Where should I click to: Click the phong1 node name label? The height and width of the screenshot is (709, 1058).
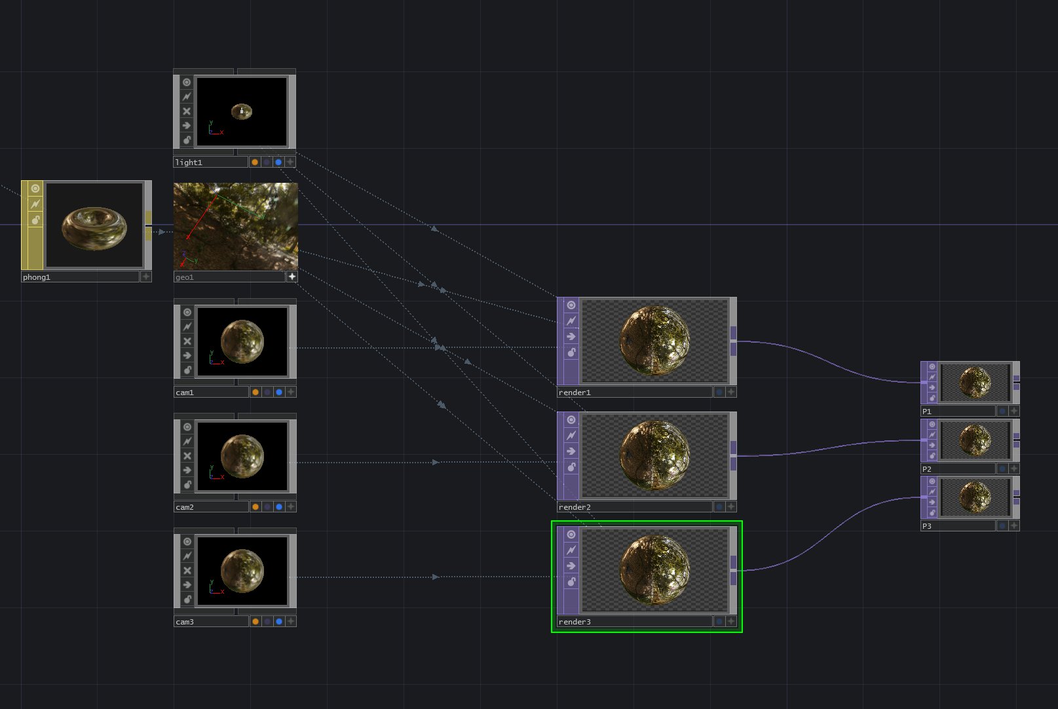tap(37, 277)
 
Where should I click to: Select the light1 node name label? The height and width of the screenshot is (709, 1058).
tap(189, 163)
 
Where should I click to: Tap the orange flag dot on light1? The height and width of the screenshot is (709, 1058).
tap(255, 162)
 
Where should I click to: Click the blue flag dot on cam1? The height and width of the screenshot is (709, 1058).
tap(279, 392)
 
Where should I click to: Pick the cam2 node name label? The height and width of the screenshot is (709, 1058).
tap(185, 507)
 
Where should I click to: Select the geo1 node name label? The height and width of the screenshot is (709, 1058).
tap(185, 277)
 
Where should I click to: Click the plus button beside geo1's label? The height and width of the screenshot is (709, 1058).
tap(292, 277)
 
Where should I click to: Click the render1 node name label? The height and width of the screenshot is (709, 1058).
tap(575, 393)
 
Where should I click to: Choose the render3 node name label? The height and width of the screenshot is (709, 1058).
tap(575, 622)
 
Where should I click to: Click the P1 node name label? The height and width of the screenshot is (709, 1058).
tap(927, 412)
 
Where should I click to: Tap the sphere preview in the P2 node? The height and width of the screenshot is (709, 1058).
tap(975, 440)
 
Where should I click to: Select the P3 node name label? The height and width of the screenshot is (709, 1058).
tap(927, 526)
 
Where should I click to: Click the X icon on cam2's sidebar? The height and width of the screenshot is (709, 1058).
tap(187, 456)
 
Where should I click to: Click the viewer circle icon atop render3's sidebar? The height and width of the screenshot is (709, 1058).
tap(571, 535)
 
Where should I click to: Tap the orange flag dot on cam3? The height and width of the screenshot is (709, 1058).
tap(255, 621)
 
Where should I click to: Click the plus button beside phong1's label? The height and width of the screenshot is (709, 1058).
tap(146, 277)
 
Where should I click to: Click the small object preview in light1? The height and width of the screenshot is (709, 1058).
tap(242, 111)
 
